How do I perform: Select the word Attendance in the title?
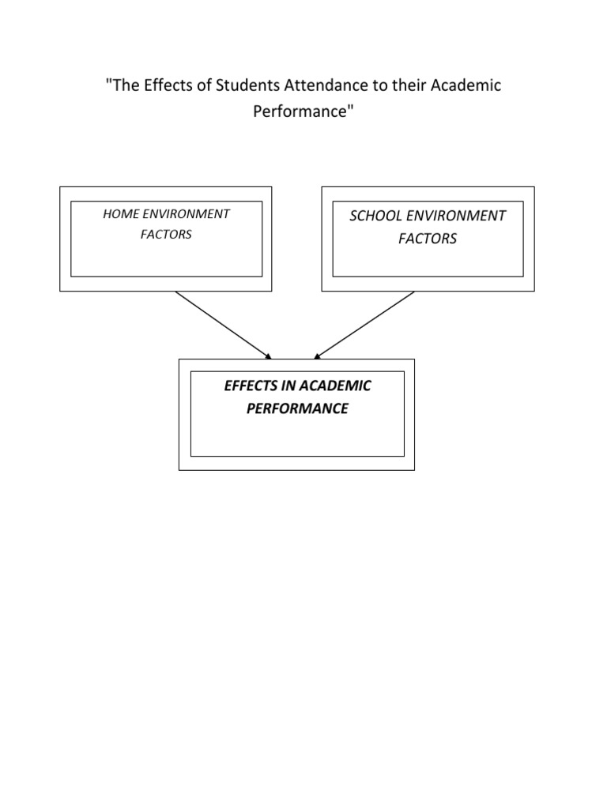click(x=307, y=85)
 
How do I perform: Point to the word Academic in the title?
click(x=466, y=85)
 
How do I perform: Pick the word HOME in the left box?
click(x=121, y=214)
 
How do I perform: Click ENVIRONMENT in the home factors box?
click(x=187, y=214)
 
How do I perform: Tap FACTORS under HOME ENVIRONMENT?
click(x=166, y=235)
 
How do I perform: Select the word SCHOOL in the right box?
click(x=375, y=216)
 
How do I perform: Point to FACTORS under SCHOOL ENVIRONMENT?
click(x=428, y=239)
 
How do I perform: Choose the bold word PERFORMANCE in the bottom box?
click(x=297, y=409)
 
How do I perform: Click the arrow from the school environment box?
click(x=365, y=324)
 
